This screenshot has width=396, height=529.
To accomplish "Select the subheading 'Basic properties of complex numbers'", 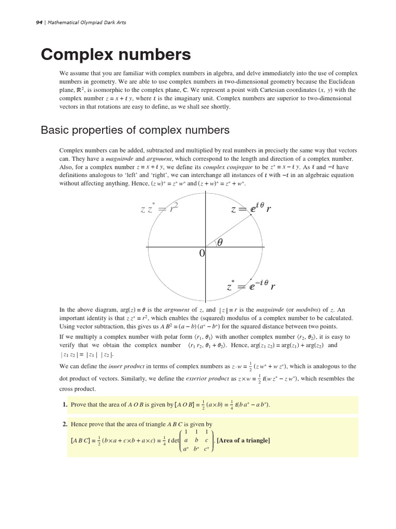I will [x=135, y=130].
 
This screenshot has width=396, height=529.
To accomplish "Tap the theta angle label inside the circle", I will [x=220, y=241].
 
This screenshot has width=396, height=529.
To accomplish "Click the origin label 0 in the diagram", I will [x=202, y=253].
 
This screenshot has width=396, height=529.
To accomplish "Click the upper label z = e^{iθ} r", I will [x=251, y=209].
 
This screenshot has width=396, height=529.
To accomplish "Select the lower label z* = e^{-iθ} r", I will [x=251, y=285].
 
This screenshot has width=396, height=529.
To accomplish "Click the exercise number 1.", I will [x=65, y=404].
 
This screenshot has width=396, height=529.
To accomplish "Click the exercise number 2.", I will [x=65, y=424].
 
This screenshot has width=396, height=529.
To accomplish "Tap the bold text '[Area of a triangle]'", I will [x=243, y=440].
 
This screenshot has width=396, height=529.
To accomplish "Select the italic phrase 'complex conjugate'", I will [x=227, y=167].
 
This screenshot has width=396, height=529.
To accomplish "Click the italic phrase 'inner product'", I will [x=126, y=366].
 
